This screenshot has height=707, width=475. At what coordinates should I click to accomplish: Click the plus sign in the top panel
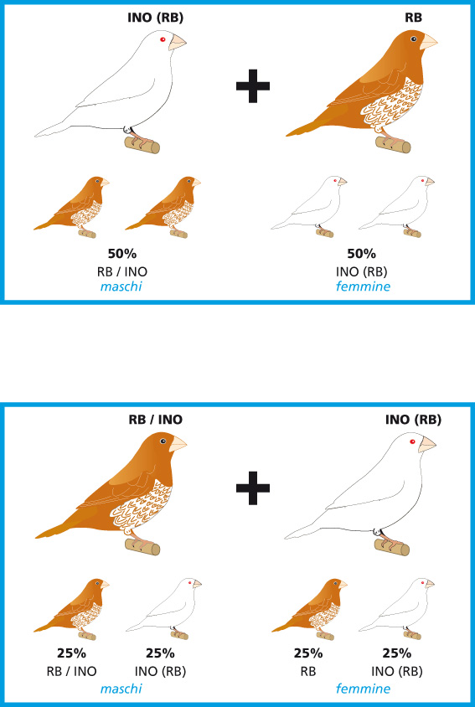[x=253, y=85]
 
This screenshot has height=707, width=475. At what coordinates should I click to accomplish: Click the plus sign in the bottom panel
[x=253, y=488]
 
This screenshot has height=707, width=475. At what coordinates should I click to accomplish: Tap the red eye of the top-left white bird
[x=163, y=39]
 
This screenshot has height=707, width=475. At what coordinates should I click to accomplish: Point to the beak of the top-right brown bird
[x=429, y=42]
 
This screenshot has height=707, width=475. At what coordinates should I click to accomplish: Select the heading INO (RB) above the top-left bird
[x=156, y=18]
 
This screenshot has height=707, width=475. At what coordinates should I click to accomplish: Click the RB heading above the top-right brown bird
[x=413, y=18]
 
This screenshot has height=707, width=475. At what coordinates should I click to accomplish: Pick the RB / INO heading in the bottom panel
[x=156, y=420]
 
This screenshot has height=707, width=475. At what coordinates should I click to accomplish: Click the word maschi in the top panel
[x=121, y=286]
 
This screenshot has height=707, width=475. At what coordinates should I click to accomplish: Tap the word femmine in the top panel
[x=363, y=286]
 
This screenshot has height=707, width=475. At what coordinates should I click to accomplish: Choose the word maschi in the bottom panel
[x=121, y=689]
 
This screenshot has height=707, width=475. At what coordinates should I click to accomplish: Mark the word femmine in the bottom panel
[x=363, y=689]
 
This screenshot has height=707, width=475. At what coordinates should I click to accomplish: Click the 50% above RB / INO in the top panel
[x=121, y=254]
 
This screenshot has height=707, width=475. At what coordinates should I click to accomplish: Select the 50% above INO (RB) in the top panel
[x=361, y=254]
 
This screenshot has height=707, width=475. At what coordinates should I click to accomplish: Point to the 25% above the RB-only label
[x=308, y=653]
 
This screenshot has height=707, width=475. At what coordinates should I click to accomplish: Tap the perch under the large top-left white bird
[x=142, y=146]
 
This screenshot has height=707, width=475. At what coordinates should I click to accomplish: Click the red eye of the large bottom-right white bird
[x=412, y=441]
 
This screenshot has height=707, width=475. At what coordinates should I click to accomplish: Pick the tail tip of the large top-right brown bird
[x=287, y=135]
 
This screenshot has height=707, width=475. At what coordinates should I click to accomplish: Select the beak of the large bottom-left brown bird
[x=178, y=444]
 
